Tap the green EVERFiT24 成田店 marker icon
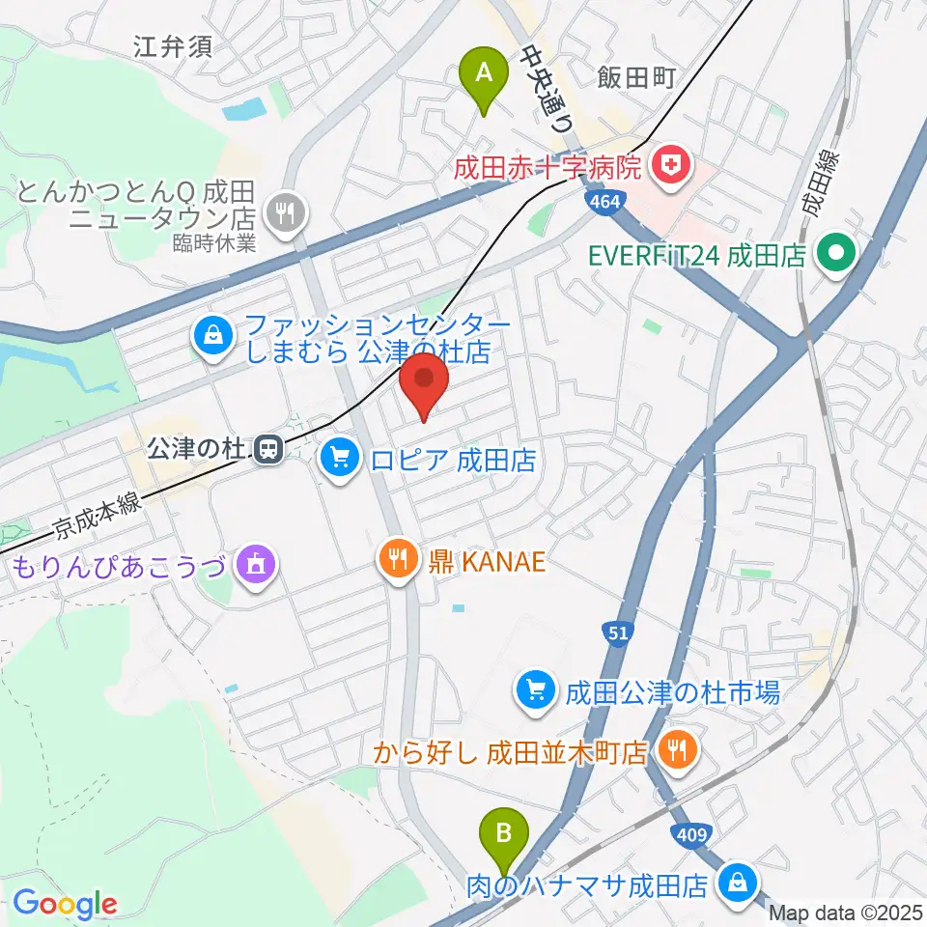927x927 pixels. [x=831, y=255]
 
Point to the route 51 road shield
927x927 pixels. [x=619, y=632]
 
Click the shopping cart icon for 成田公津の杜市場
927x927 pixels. [x=535, y=690]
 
